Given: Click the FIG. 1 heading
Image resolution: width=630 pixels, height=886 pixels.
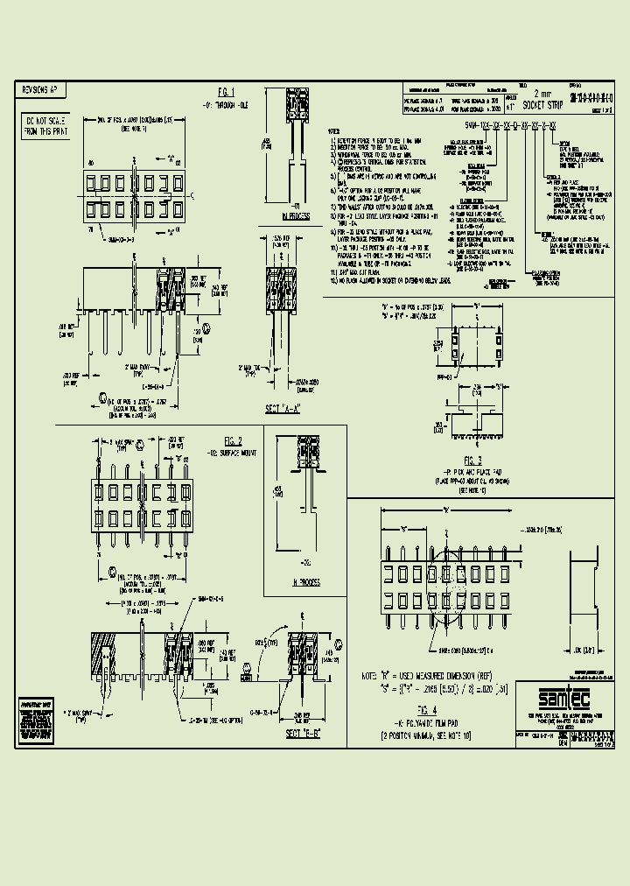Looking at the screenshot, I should [x=227, y=92].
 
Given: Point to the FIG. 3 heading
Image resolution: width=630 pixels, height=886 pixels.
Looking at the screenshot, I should [x=473, y=460].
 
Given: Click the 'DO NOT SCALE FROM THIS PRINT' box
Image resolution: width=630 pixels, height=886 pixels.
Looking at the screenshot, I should [x=40, y=125].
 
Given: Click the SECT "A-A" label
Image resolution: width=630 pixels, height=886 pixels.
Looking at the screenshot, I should [x=282, y=410].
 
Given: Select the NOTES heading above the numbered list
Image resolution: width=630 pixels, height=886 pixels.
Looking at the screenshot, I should [x=335, y=129].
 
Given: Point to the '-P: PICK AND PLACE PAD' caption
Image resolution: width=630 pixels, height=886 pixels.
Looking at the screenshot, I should [x=473, y=471].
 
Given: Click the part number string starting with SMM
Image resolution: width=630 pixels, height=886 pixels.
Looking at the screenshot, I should [x=486, y=128].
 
